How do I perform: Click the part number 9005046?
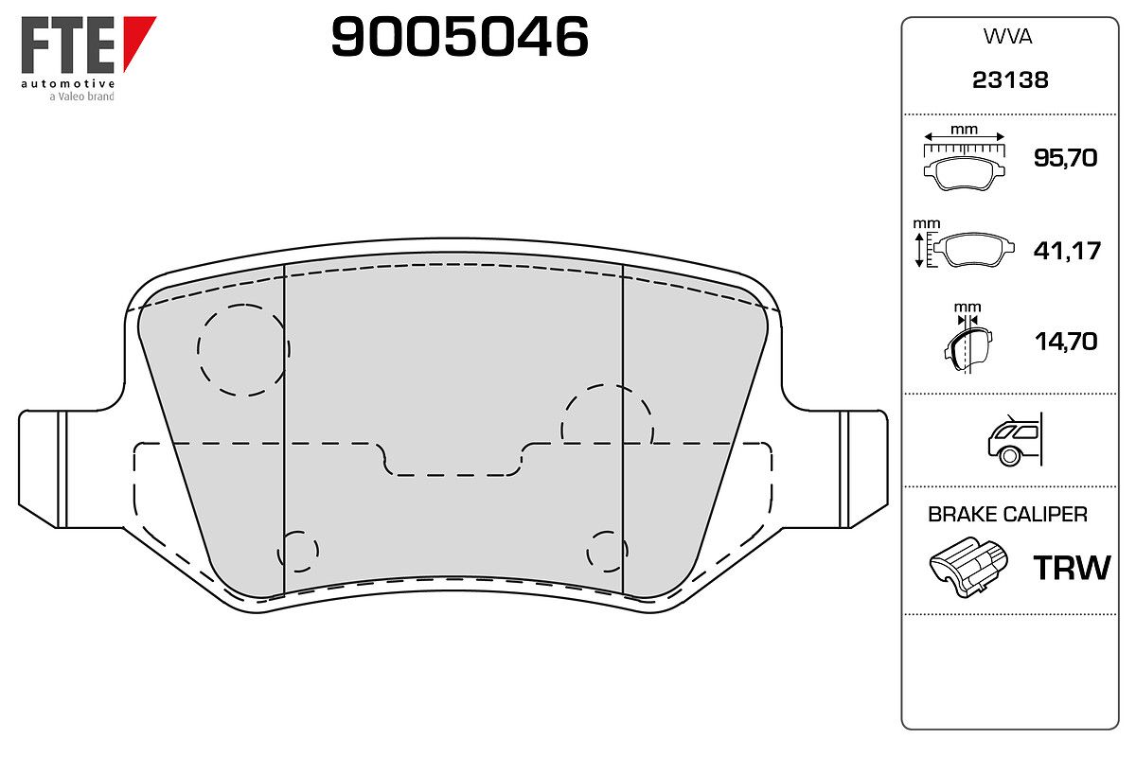459,36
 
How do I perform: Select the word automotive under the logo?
67,83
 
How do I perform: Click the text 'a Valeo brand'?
81,97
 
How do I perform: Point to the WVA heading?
1007,37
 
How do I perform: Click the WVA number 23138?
1010,80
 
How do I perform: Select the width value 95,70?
1065,158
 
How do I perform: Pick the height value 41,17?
1067,251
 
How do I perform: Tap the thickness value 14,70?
1066,342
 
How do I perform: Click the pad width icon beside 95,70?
964,161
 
